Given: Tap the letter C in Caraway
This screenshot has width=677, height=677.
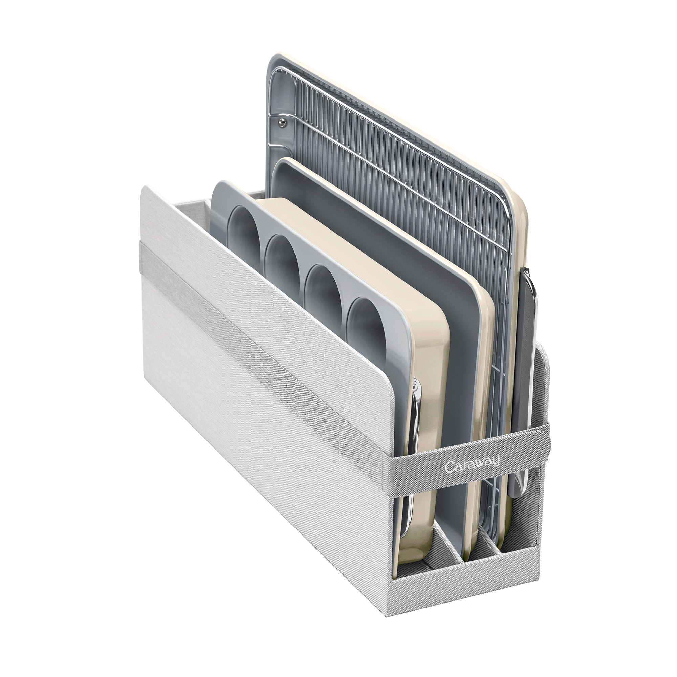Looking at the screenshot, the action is point(450,467).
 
